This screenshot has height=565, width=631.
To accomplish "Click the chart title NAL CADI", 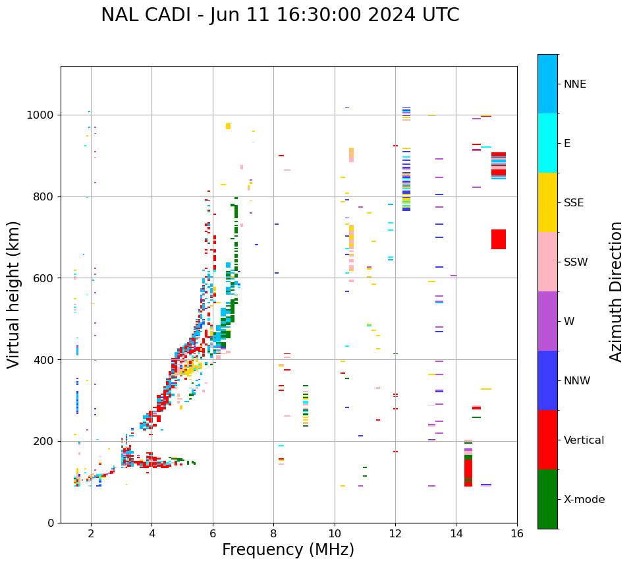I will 280,15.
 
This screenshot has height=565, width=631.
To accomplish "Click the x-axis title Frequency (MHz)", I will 288,550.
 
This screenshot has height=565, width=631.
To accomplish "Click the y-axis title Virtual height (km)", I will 14,294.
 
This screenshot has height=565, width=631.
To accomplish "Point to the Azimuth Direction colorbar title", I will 616,291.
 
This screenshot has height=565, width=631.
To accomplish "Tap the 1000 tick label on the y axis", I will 41,115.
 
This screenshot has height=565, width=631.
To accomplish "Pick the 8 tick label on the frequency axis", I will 273,533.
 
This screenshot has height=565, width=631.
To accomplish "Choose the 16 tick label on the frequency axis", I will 517,533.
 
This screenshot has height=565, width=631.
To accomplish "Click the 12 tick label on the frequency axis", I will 395,533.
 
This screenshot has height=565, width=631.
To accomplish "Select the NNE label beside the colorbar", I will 574,84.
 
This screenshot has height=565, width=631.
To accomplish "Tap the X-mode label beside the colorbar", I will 584,499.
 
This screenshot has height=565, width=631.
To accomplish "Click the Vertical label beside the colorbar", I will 584,440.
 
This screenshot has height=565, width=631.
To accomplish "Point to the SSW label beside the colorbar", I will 576,262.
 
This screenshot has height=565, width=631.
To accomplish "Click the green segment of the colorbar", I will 547,499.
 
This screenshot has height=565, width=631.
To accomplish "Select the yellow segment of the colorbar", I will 547,202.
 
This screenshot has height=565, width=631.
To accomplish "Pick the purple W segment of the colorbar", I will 547,321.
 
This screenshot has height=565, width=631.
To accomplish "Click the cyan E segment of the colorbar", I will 547,143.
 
